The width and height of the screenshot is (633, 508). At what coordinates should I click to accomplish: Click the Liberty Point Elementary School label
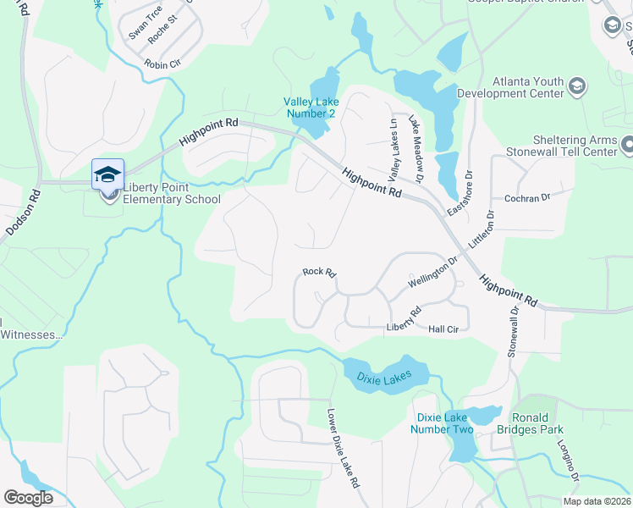171,193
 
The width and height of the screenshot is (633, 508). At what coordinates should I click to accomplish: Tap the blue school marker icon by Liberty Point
107,174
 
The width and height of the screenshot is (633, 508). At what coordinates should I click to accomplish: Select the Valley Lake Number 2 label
310,108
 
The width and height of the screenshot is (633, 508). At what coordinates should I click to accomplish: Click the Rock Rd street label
320,273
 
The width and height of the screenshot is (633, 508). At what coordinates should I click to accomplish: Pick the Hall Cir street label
443,329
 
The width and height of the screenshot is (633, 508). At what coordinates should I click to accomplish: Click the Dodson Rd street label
23,211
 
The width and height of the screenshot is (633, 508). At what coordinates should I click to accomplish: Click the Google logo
28,498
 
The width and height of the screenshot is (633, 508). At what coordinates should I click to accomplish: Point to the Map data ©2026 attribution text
595,501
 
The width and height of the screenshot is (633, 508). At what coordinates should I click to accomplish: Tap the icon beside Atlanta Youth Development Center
577,86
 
